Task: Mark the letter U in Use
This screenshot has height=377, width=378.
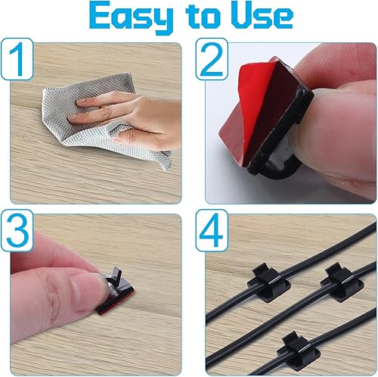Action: [237, 17]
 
